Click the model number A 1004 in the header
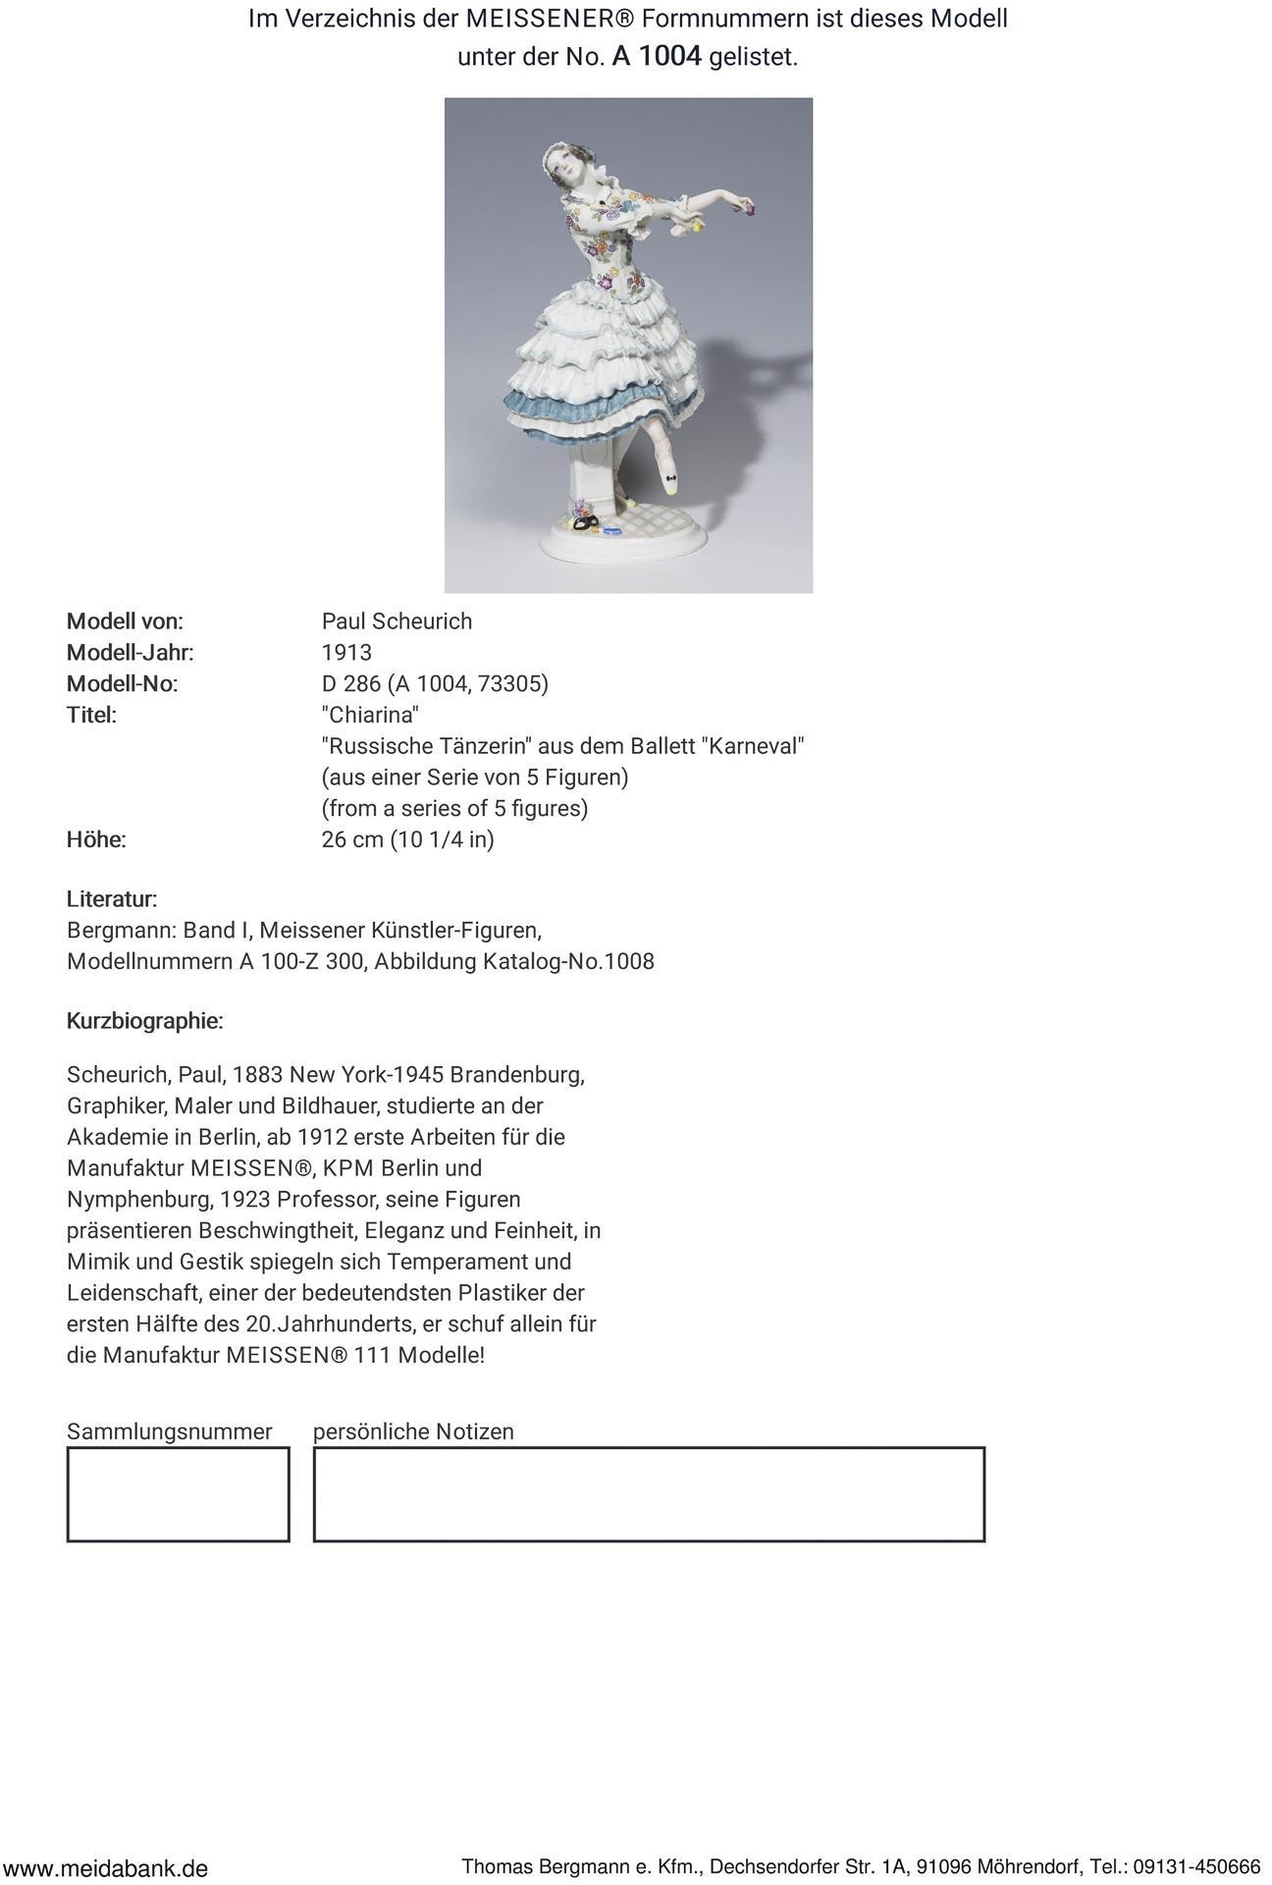(657, 57)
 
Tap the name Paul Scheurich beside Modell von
(397, 621)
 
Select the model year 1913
(346, 653)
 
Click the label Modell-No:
(122, 684)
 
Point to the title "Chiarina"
(370, 715)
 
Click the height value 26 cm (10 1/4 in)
(407, 840)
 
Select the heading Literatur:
(112, 899)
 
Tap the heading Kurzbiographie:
(144, 1021)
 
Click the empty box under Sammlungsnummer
(178, 1494)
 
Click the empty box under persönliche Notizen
(649, 1494)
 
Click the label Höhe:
(96, 840)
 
